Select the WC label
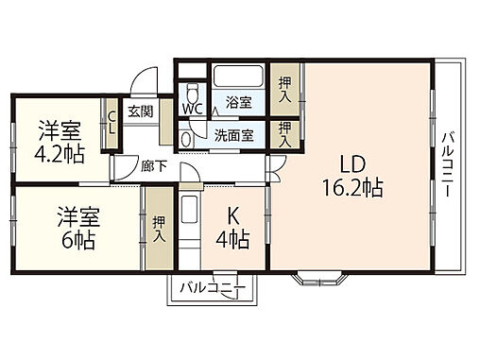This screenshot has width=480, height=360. (x=192, y=110)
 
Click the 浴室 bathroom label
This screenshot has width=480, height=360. (x=237, y=102)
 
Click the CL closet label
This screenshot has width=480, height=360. (x=111, y=123)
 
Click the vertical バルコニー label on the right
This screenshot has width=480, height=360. (x=446, y=161)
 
